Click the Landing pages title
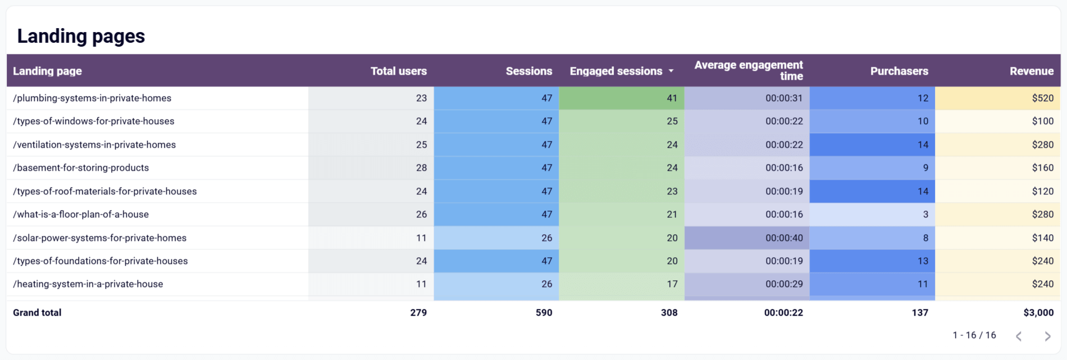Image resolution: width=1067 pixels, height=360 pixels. click(81, 36)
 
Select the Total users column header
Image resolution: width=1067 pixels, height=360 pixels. click(398, 71)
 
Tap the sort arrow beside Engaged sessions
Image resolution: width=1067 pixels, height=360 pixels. click(671, 71)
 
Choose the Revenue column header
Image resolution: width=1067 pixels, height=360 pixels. click(1031, 71)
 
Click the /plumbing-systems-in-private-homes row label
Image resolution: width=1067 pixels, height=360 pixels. click(92, 98)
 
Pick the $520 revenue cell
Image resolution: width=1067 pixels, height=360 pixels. click(1042, 98)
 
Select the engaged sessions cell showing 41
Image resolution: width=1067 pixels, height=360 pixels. click(672, 98)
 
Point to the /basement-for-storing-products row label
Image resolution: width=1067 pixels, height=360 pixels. click(81, 168)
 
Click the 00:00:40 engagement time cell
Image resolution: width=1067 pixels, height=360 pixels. click(784, 238)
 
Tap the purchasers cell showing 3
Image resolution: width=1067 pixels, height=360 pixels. click(925, 215)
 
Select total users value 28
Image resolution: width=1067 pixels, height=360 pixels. click(421, 168)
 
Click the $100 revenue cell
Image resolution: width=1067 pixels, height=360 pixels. click(1042, 121)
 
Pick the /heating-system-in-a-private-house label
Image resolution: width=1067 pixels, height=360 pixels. click(88, 284)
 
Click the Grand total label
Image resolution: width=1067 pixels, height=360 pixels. click(37, 313)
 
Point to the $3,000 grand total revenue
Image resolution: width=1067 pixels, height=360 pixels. click(1038, 313)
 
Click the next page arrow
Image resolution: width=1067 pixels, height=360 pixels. click(1047, 336)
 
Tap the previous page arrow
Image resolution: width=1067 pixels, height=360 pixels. click(1019, 336)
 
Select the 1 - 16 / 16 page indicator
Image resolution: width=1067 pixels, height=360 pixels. click(974, 335)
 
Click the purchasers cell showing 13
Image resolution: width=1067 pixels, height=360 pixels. click(923, 261)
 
